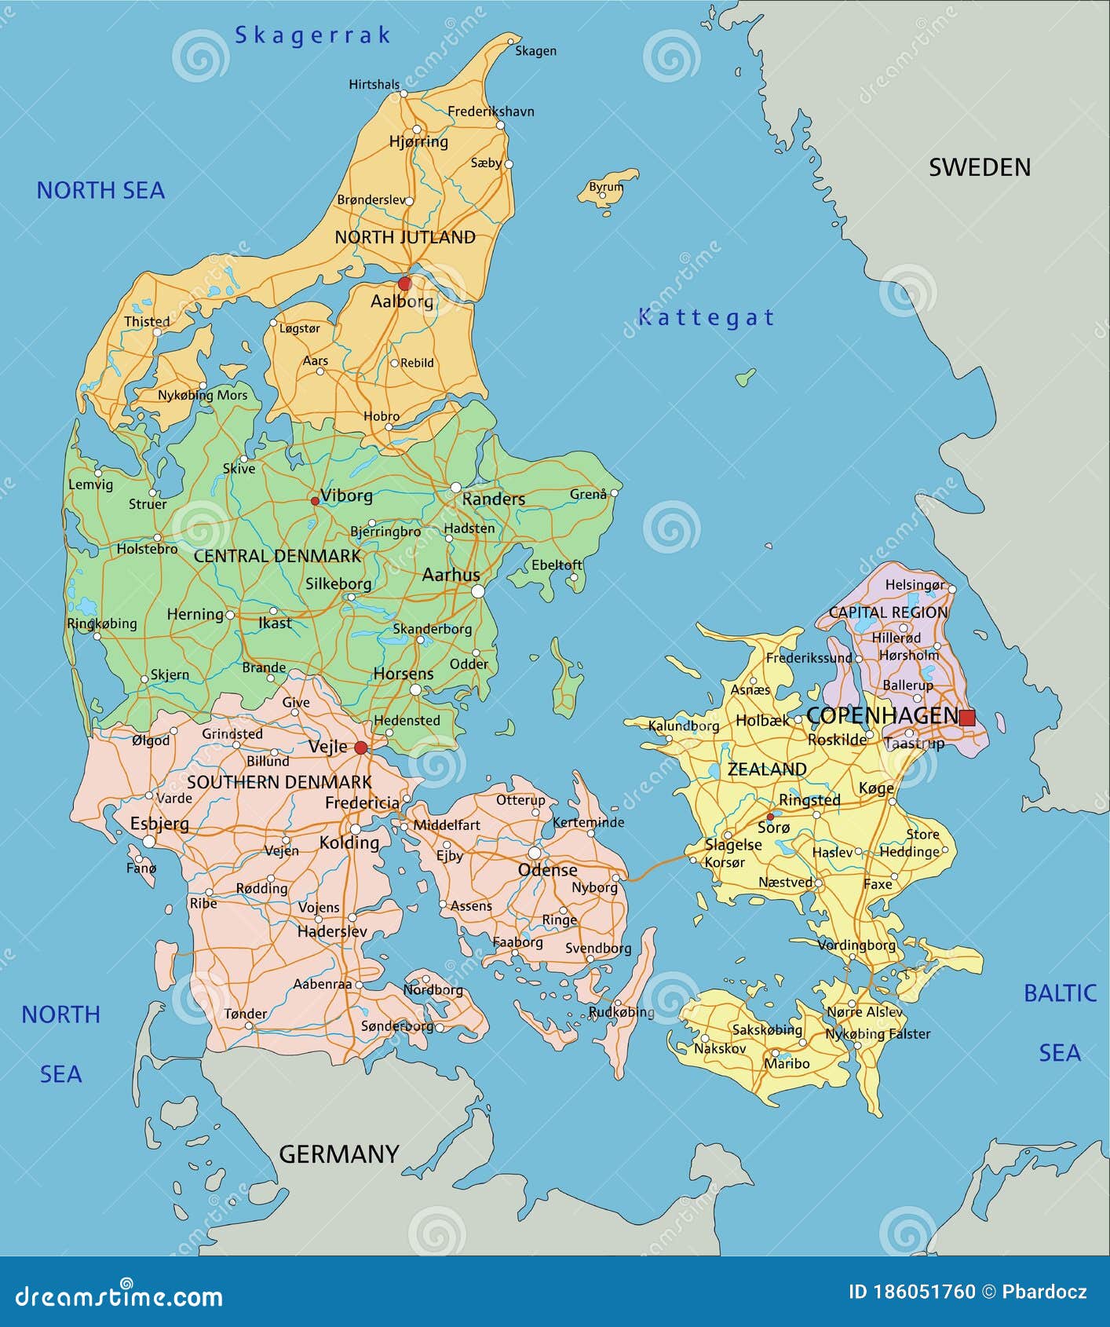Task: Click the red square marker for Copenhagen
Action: pos(967,717)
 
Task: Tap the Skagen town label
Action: pos(535,51)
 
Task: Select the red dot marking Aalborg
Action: pos(404,283)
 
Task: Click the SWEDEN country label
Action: pos(979,167)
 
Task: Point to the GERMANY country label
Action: pos(339,1153)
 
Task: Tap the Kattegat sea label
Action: pos(706,317)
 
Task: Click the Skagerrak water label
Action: pos(312,35)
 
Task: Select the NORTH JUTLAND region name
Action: pos(405,237)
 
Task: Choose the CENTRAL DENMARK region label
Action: pos(277,556)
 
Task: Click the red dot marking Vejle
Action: pos(360,748)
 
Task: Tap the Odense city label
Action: pos(547,870)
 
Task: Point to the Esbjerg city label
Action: pos(159,824)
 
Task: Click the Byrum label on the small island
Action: pos(605,187)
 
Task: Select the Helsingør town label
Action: pos(915,585)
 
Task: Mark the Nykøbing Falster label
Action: pos(878,1034)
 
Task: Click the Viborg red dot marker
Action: pos(315,500)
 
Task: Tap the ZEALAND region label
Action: pos(766,770)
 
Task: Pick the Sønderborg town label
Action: pos(396,1025)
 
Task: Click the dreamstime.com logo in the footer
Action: pos(119,1296)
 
